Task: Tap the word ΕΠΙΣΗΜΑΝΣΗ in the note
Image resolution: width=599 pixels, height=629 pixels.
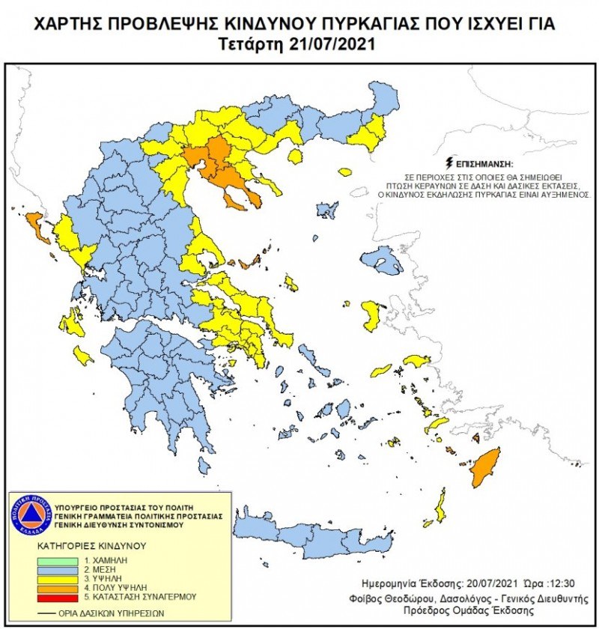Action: point(480,162)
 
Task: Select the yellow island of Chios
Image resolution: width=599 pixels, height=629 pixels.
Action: point(370,314)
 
